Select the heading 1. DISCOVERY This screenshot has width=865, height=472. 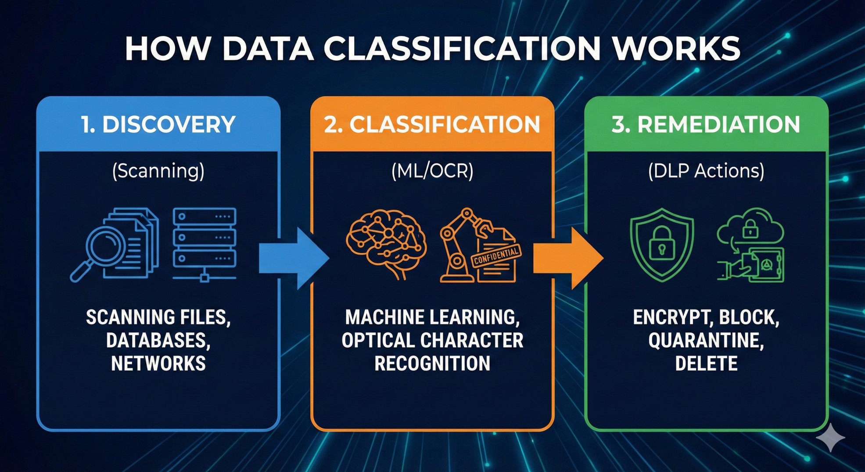point(158,125)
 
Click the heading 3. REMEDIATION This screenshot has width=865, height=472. point(706,125)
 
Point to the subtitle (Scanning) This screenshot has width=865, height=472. point(158,171)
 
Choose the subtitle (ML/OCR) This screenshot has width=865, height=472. point(432,171)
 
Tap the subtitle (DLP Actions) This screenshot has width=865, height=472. point(706,171)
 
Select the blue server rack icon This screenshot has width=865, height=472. point(205,244)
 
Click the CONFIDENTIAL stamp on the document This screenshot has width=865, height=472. point(496,256)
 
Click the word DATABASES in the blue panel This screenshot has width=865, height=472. point(158,341)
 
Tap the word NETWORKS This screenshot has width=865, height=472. point(158,364)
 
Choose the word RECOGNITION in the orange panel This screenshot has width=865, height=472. point(432,364)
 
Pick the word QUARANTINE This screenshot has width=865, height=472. point(706,341)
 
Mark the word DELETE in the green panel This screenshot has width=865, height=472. point(706,364)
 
